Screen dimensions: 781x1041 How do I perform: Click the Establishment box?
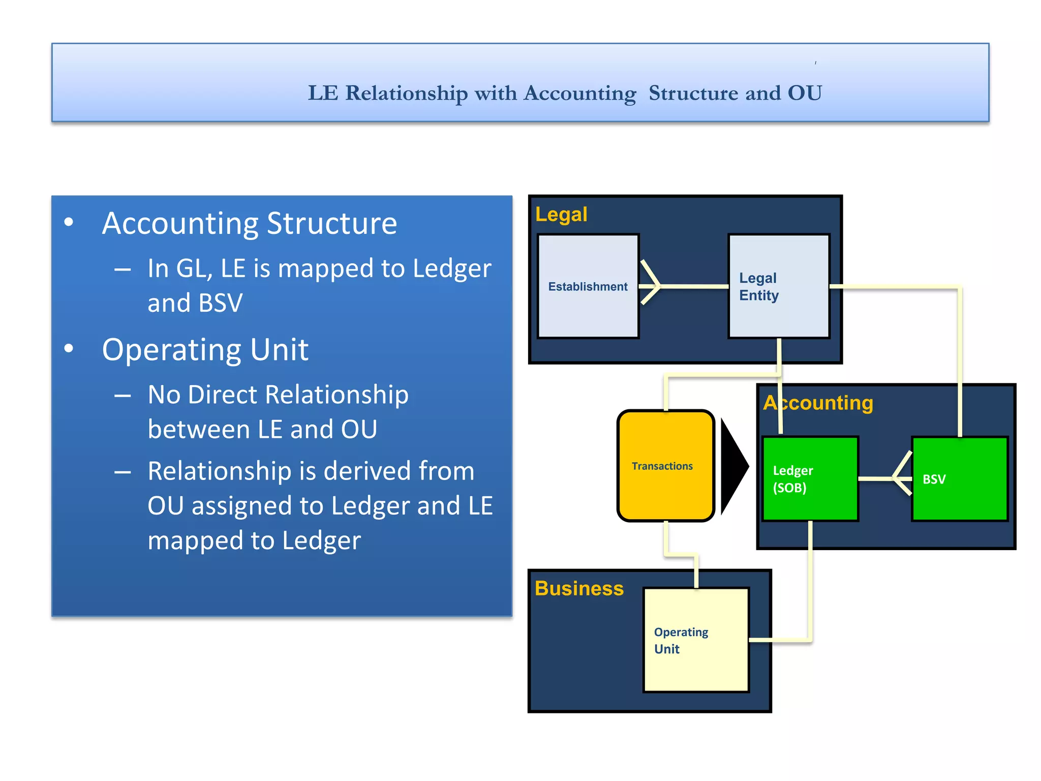[588, 286]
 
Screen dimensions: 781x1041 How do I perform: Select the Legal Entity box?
[779, 286]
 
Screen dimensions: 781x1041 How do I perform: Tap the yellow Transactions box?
[665, 466]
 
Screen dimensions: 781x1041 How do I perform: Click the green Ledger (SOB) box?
[810, 478]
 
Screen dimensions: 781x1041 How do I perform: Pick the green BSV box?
[960, 478]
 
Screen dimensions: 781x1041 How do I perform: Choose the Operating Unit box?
[696, 640]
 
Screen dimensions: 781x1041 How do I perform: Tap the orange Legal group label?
[561, 214]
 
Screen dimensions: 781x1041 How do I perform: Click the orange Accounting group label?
[818, 403]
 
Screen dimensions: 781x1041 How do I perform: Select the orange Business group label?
[579, 588]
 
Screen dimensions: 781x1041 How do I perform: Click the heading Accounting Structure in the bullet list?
[249, 223]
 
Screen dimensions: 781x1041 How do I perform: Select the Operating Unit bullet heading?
[205, 349]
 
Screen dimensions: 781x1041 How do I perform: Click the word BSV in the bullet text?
[220, 303]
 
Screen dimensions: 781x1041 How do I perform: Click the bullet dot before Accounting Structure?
[69, 222]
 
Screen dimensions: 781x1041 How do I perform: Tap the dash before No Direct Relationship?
[123, 396]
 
